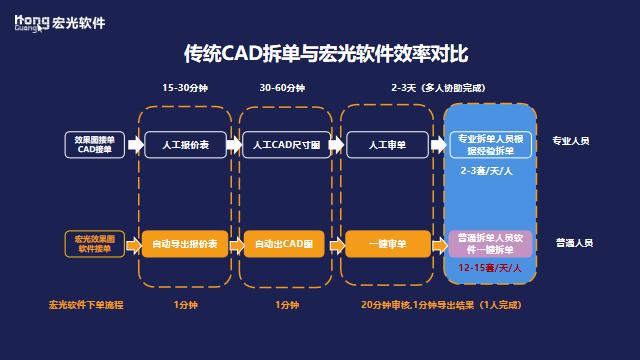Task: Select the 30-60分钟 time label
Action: click(284, 88)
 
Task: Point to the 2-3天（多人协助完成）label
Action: click(440, 88)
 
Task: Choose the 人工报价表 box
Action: click(188, 145)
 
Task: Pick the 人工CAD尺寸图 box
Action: click(285, 145)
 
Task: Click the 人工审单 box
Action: click(386, 145)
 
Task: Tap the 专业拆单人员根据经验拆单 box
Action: click(490, 144)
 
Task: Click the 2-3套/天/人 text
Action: click(487, 172)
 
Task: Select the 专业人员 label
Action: click(572, 141)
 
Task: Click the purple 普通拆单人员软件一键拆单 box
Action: click(490, 244)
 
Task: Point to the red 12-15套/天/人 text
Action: click(489, 270)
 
